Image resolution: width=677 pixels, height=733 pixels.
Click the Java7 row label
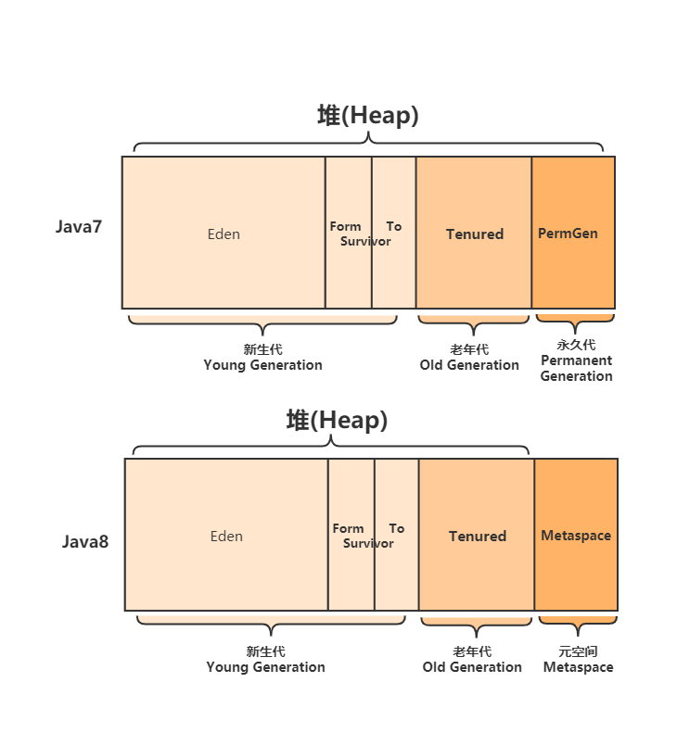click(79, 227)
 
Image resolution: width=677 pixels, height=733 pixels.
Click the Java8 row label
click(85, 542)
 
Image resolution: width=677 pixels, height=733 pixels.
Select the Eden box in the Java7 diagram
click(224, 234)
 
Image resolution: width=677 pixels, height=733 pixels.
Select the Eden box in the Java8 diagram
click(226, 536)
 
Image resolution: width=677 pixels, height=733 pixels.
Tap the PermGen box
click(568, 234)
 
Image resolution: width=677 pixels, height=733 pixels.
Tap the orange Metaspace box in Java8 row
click(576, 536)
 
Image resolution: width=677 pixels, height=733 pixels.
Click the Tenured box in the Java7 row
click(474, 234)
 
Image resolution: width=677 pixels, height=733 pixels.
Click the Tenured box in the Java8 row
click(477, 536)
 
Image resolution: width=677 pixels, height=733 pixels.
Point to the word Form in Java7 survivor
click(345, 226)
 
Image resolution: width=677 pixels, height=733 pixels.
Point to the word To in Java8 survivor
click(397, 528)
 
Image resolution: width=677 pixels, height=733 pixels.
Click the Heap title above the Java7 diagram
click(368, 116)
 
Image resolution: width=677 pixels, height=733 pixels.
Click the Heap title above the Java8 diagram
click(337, 421)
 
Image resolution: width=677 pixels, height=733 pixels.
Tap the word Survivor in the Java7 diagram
click(365, 242)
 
